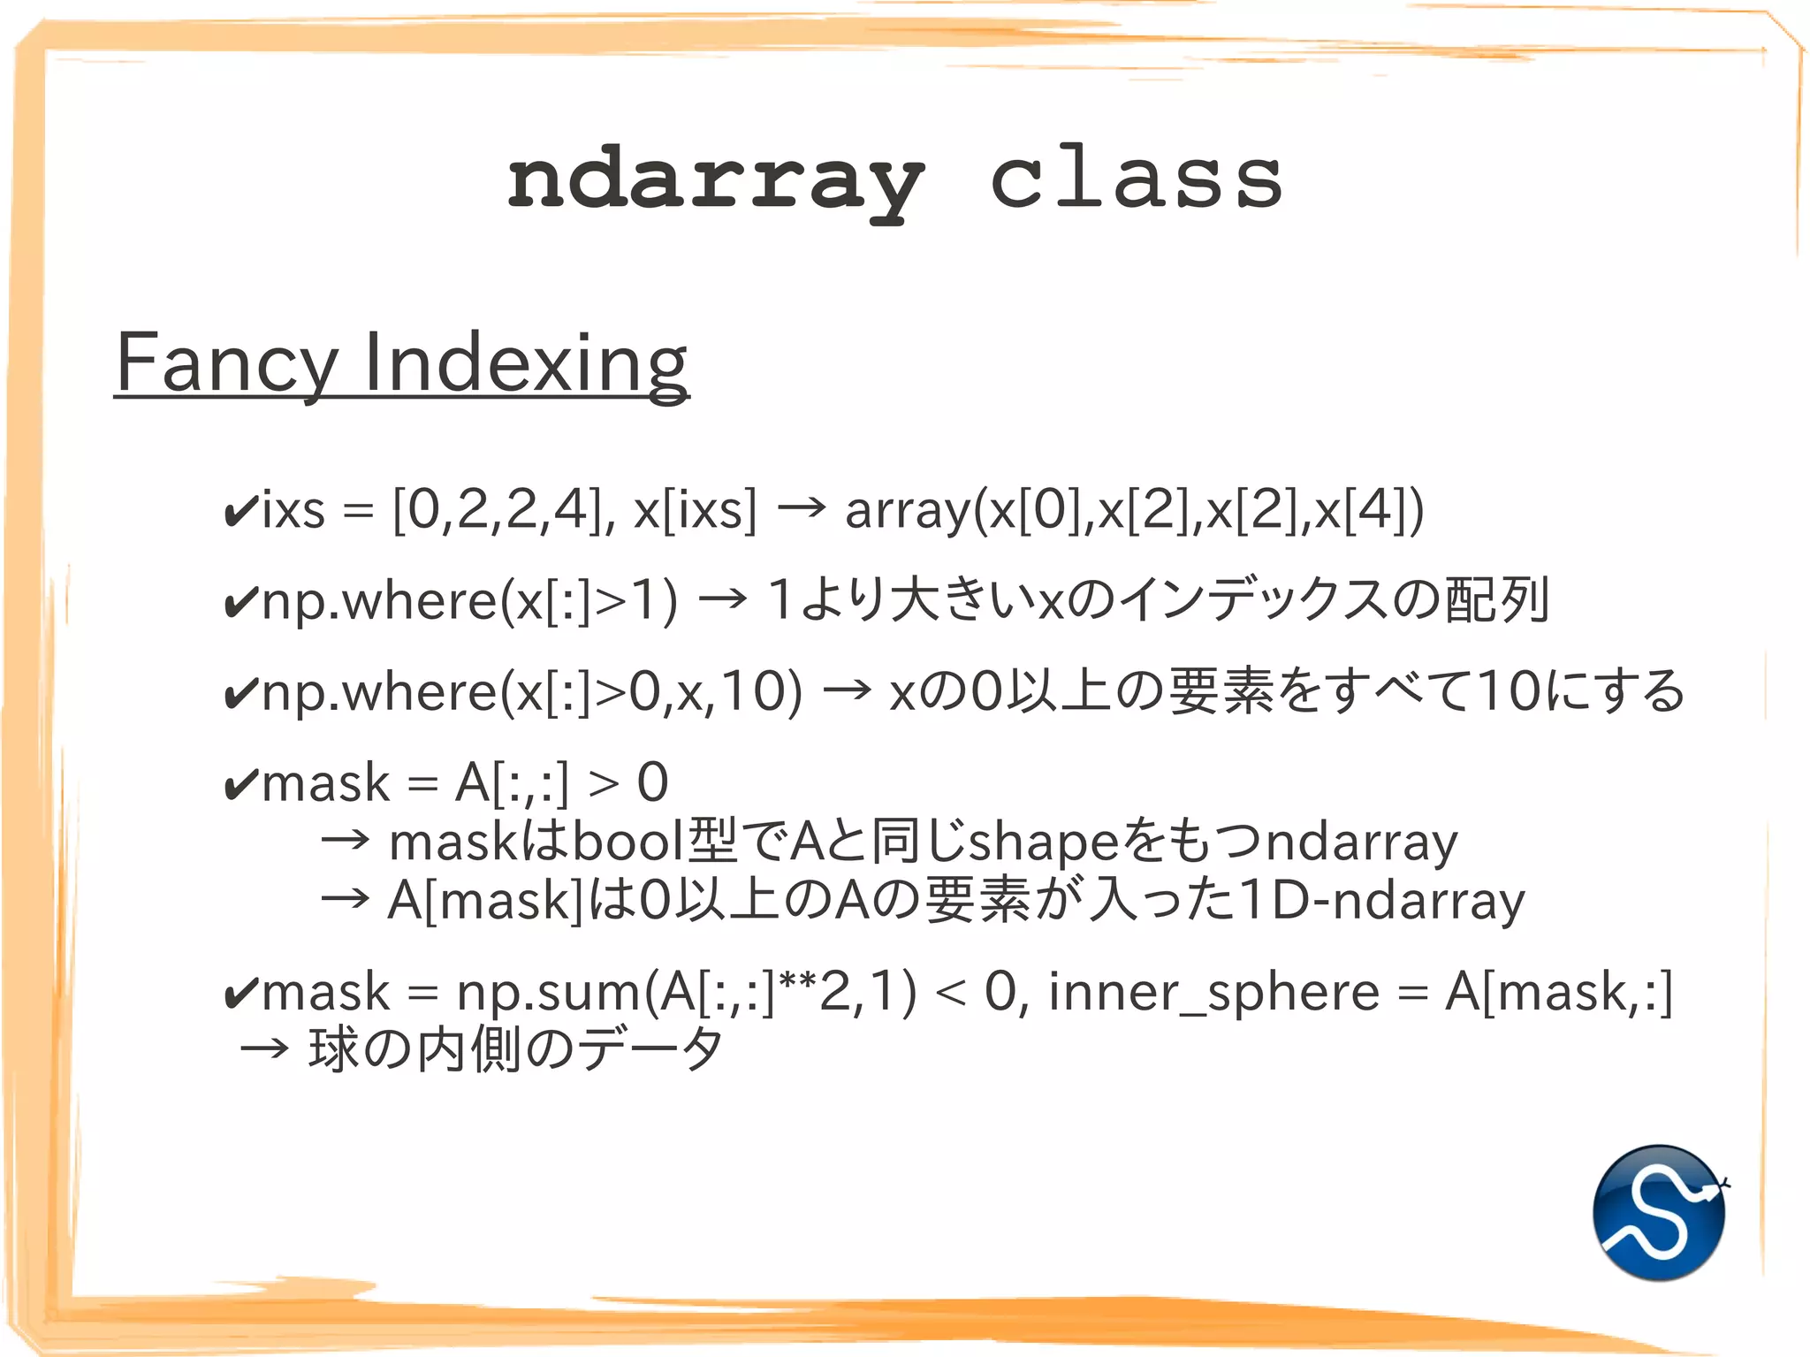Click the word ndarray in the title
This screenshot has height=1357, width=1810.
[716, 181]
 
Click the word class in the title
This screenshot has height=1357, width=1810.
[1136, 179]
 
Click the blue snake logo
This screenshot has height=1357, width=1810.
[1659, 1212]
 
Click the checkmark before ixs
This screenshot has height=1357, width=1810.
[241, 510]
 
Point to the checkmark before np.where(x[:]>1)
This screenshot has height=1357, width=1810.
[241, 602]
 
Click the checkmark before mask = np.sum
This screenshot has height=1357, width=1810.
[241, 993]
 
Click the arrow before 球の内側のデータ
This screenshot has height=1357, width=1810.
[264, 1049]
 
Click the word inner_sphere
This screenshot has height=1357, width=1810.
[1213, 993]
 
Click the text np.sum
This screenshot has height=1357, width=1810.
[547, 993]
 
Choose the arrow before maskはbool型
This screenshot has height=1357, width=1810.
[345, 840]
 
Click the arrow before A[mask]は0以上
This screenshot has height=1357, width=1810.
[345, 899]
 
